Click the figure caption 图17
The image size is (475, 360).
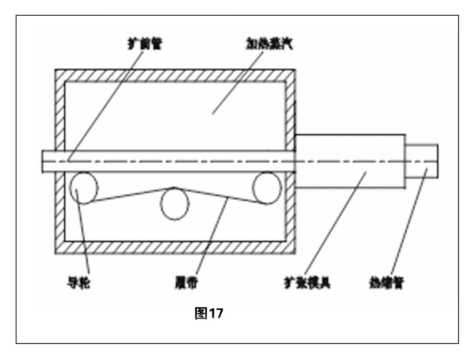[208, 313]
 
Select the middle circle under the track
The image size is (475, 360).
[175, 205]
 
